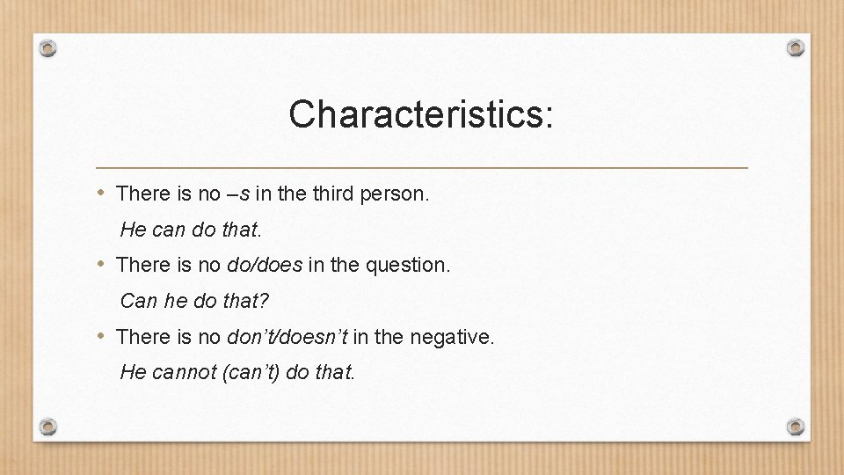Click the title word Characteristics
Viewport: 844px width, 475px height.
(x=420, y=114)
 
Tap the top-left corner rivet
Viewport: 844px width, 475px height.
(x=49, y=47)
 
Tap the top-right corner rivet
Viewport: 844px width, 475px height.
(x=795, y=47)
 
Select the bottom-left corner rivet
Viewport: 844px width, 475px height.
(x=49, y=427)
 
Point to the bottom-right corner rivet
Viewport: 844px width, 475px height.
(x=795, y=427)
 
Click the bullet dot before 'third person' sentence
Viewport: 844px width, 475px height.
(x=102, y=192)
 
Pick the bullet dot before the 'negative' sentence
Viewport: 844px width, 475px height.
(x=102, y=336)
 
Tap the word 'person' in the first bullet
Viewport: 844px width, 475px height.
(x=394, y=193)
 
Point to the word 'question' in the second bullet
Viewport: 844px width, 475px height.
(x=412, y=265)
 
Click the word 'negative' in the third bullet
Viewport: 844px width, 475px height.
(x=458, y=337)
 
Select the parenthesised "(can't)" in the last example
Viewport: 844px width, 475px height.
(x=252, y=373)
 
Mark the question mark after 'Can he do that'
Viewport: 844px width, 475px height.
(x=265, y=301)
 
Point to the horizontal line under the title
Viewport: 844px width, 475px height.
(x=422, y=167)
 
